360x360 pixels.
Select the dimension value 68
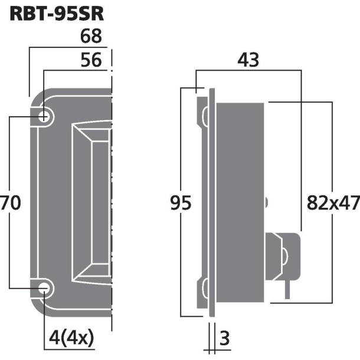coord(90,37)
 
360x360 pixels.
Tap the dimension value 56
coord(90,60)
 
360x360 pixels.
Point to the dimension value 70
coord(11,203)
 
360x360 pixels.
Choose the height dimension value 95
coord(181,204)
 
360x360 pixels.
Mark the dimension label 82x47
coord(333,204)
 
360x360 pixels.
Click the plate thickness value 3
coord(224,339)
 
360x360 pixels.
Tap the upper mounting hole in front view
coord(44,116)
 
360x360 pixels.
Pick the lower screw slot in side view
coord(204,289)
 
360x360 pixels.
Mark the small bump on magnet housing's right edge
coord(267,202)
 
